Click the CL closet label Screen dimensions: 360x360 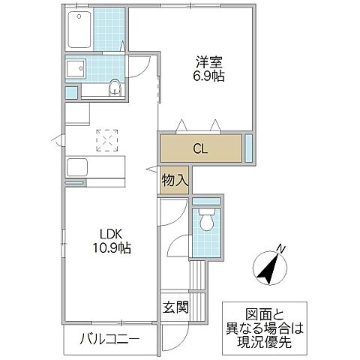point(200,148)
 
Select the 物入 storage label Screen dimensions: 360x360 point(175,181)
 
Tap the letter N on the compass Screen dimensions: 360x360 point(279,249)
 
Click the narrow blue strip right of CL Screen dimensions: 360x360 point(249,147)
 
